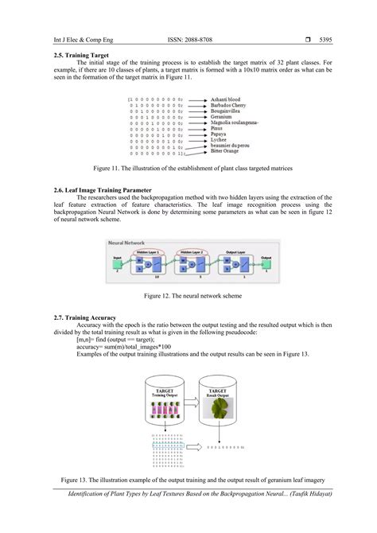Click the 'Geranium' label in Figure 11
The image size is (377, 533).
click(x=222, y=118)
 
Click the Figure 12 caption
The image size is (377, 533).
click(x=188, y=295)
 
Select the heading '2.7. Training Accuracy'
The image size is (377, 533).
click(x=85, y=319)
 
